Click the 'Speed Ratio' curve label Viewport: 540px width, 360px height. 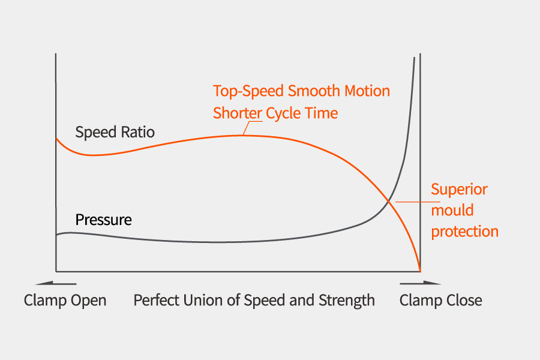pyautogui.click(x=115, y=133)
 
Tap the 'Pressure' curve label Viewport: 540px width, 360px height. pyautogui.click(x=103, y=220)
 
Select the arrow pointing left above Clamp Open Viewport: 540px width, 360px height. pyautogui.click(x=56, y=283)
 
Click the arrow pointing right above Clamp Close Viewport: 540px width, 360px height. pyautogui.click(x=420, y=283)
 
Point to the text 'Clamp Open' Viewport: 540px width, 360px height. pyautogui.click(x=65, y=300)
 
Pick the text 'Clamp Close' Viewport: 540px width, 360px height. pyautogui.click(x=440, y=300)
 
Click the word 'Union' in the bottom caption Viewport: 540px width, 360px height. pyautogui.click(x=205, y=300)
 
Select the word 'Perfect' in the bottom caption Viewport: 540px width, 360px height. pyautogui.click(x=155, y=300)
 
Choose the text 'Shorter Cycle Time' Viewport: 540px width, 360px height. pyautogui.click(x=275, y=113)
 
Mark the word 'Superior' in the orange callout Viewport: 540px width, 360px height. pyautogui.click(x=459, y=190)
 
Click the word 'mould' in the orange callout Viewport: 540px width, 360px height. pyautogui.click(x=452, y=211)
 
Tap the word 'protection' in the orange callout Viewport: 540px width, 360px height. pyautogui.click(x=464, y=232)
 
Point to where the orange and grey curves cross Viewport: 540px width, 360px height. pyautogui.click(x=390, y=201)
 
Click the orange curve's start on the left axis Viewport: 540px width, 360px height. pyautogui.click(x=56, y=138)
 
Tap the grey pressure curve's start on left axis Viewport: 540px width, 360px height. pyautogui.click(x=56, y=235)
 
